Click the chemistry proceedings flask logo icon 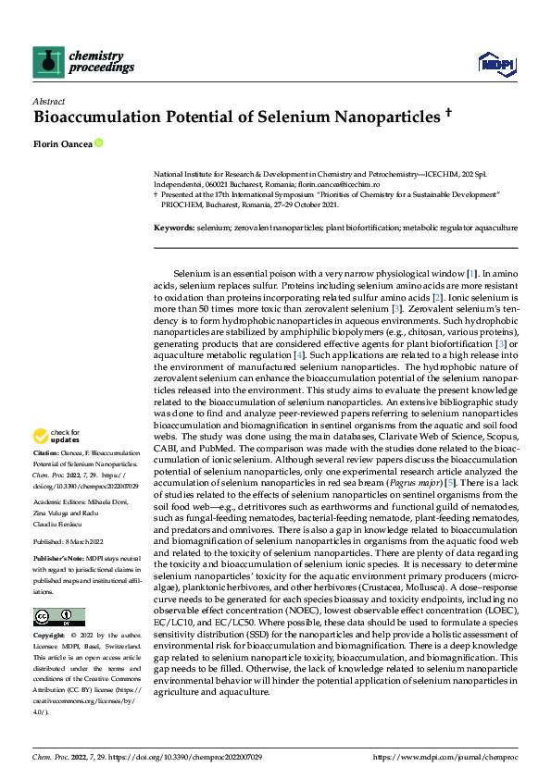(48, 61)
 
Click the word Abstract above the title (48, 100)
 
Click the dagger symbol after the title (447, 115)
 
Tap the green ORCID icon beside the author (98, 143)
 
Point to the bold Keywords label (174, 227)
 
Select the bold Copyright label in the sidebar (51, 637)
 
